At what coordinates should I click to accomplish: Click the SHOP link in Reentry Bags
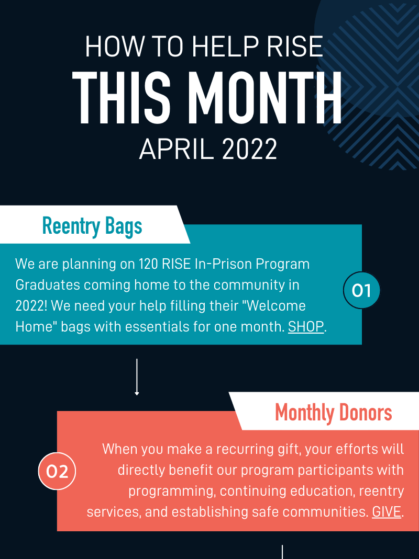(306, 326)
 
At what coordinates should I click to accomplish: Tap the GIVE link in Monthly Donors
(387, 511)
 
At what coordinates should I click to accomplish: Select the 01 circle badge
(361, 290)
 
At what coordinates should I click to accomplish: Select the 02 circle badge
(57, 471)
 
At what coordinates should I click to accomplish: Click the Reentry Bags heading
(92, 226)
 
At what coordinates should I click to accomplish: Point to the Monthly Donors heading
(334, 413)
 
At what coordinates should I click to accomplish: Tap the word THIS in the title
(122, 97)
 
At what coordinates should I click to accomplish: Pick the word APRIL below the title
(176, 149)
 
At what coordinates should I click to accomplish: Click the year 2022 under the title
(249, 149)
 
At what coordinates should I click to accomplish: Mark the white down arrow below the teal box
(137, 377)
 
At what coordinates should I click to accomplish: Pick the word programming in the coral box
(172, 492)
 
